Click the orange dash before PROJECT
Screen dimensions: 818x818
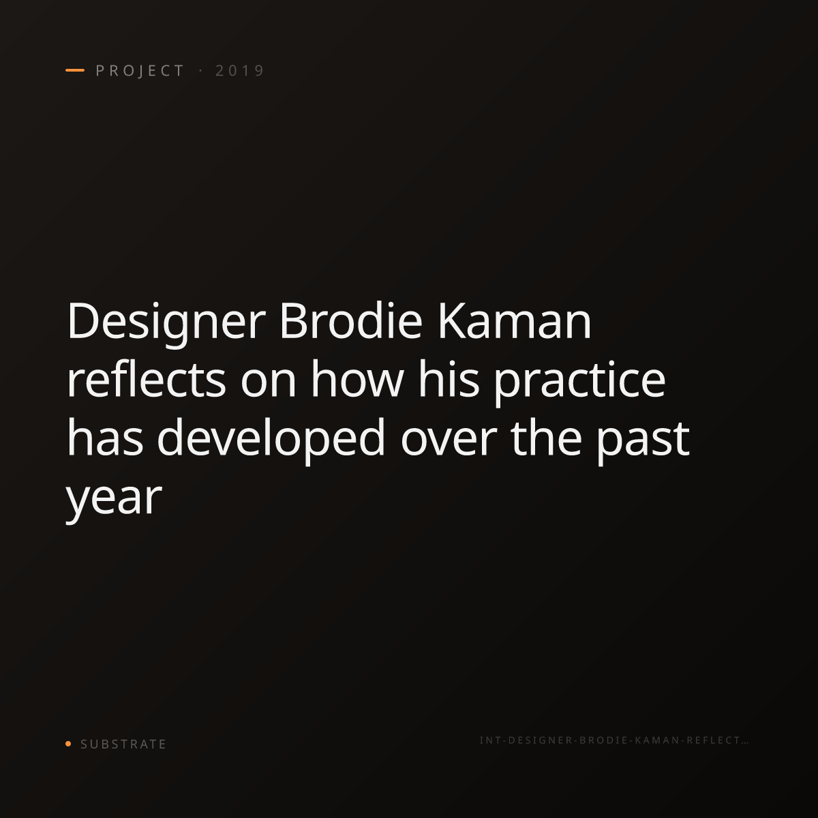click(x=75, y=70)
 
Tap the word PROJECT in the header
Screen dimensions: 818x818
click(x=140, y=70)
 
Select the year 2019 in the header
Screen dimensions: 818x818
click(x=240, y=70)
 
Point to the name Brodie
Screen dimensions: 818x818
click(x=350, y=320)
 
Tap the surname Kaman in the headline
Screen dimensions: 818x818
click(x=514, y=320)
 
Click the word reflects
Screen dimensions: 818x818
click(x=146, y=378)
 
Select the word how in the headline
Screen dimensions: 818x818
click(x=357, y=378)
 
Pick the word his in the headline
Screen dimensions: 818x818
click(x=449, y=378)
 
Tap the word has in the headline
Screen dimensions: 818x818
click(x=105, y=437)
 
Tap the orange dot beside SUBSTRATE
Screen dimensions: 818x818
click(x=68, y=743)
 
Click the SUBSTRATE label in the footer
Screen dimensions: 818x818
click(x=123, y=744)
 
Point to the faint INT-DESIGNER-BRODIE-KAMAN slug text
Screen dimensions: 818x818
click(x=613, y=740)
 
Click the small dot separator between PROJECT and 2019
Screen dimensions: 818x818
click(x=200, y=71)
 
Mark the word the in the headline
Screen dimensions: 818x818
click(x=546, y=437)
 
